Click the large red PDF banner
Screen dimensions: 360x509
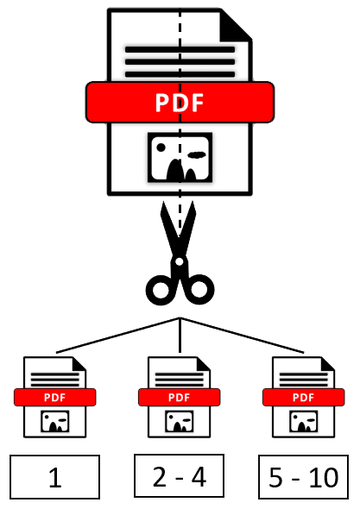(180, 103)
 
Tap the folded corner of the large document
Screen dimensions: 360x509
(235, 26)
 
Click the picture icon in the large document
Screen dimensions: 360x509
(180, 157)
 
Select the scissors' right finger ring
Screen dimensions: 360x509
(199, 290)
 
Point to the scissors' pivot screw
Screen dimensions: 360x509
(179, 261)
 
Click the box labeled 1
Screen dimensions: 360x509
(54, 477)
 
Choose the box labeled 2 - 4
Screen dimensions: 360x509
(179, 475)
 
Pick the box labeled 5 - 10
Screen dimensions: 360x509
(304, 477)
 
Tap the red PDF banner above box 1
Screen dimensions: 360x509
(55, 398)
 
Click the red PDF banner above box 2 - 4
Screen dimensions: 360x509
(180, 398)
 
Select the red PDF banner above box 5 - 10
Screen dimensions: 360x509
(304, 398)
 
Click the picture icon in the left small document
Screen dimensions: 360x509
(55, 421)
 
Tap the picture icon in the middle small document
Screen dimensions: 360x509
(180, 421)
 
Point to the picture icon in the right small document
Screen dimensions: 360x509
(304, 421)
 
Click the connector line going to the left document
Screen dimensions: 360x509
(118, 335)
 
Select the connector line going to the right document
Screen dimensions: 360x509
(242, 335)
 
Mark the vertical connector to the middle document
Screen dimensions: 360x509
(180, 335)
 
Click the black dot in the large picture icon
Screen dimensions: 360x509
(161, 148)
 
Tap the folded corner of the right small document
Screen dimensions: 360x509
(327, 364)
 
